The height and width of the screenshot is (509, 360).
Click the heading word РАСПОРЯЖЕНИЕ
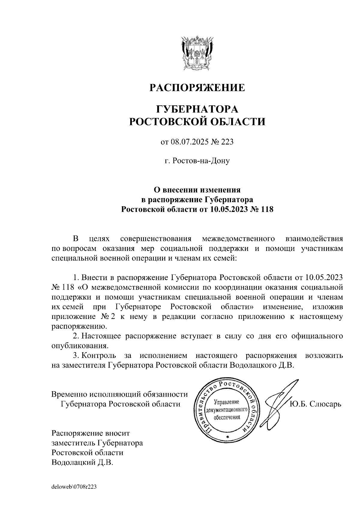coord(197,88)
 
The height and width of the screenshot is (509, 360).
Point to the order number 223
coord(227,142)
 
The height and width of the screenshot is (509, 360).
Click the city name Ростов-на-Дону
coord(197,161)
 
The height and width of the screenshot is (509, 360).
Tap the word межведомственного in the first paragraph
coord(239,239)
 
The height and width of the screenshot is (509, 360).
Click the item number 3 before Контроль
coord(76,356)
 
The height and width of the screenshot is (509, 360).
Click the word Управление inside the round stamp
coord(226,402)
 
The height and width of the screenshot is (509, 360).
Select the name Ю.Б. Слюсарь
coord(316,404)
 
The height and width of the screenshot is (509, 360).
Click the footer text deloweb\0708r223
coord(74,487)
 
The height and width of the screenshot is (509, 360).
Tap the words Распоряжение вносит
coord(91,433)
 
